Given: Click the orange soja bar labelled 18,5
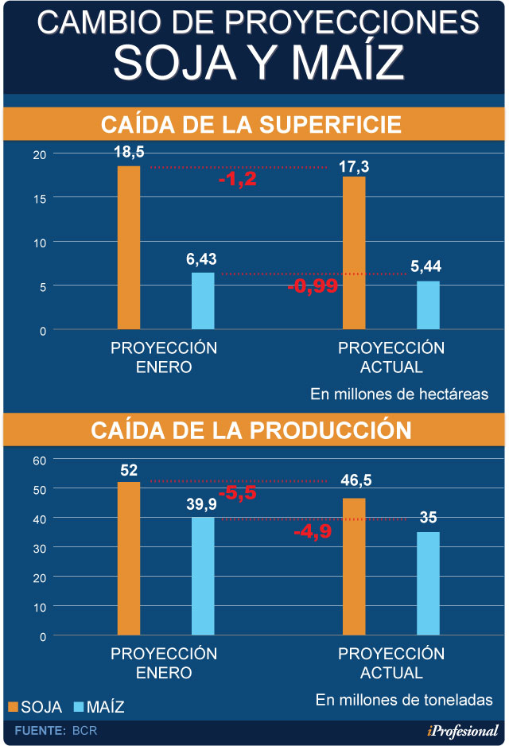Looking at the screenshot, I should coord(129,247).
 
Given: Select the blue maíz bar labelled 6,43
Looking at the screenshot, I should coord(203,301).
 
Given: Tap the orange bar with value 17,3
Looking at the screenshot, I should coord(354,253).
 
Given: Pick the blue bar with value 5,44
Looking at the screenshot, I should coord(429,305).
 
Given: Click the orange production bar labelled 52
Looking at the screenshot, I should coord(129,558).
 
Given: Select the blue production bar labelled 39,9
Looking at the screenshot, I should coord(203,577).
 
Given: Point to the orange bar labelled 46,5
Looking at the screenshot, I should coord(354,567).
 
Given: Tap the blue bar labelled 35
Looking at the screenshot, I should coord(429,584).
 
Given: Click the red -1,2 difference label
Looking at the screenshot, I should coord(237,179).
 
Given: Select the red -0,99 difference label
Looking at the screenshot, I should coord(313,286).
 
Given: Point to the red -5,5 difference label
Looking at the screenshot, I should coord(237,492).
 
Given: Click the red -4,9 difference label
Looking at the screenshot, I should coord(313,530).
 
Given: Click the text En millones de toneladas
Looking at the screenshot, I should coord(404,700).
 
